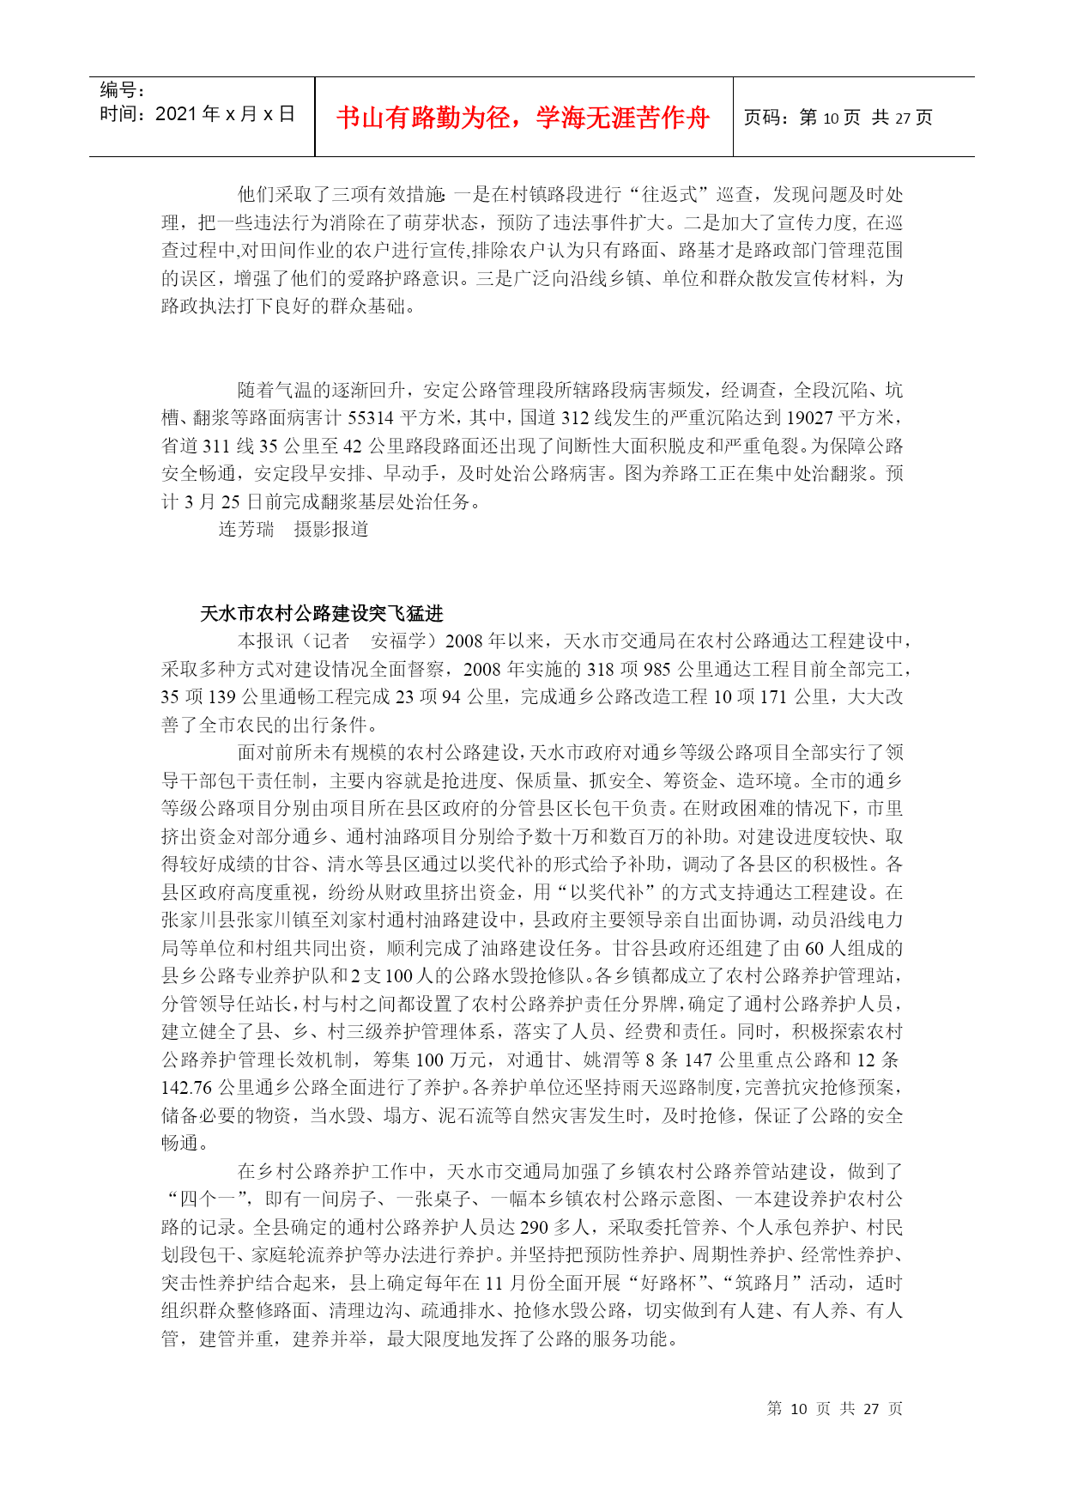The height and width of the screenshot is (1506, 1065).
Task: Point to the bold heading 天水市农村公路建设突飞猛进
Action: pyautogui.click(x=322, y=613)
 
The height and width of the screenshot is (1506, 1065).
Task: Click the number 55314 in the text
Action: pyautogui.click(x=370, y=418)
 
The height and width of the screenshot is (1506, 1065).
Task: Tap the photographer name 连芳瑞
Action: pyautogui.click(x=246, y=530)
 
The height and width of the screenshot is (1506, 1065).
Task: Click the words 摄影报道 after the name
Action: pyautogui.click(x=331, y=530)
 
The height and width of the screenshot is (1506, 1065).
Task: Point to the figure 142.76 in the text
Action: pyautogui.click(x=186, y=1088)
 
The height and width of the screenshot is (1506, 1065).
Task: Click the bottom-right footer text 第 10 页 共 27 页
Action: pyautogui.click(x=834, y=1409)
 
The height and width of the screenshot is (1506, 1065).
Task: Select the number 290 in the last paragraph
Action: pyautogui.click(x=534, y=1228)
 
